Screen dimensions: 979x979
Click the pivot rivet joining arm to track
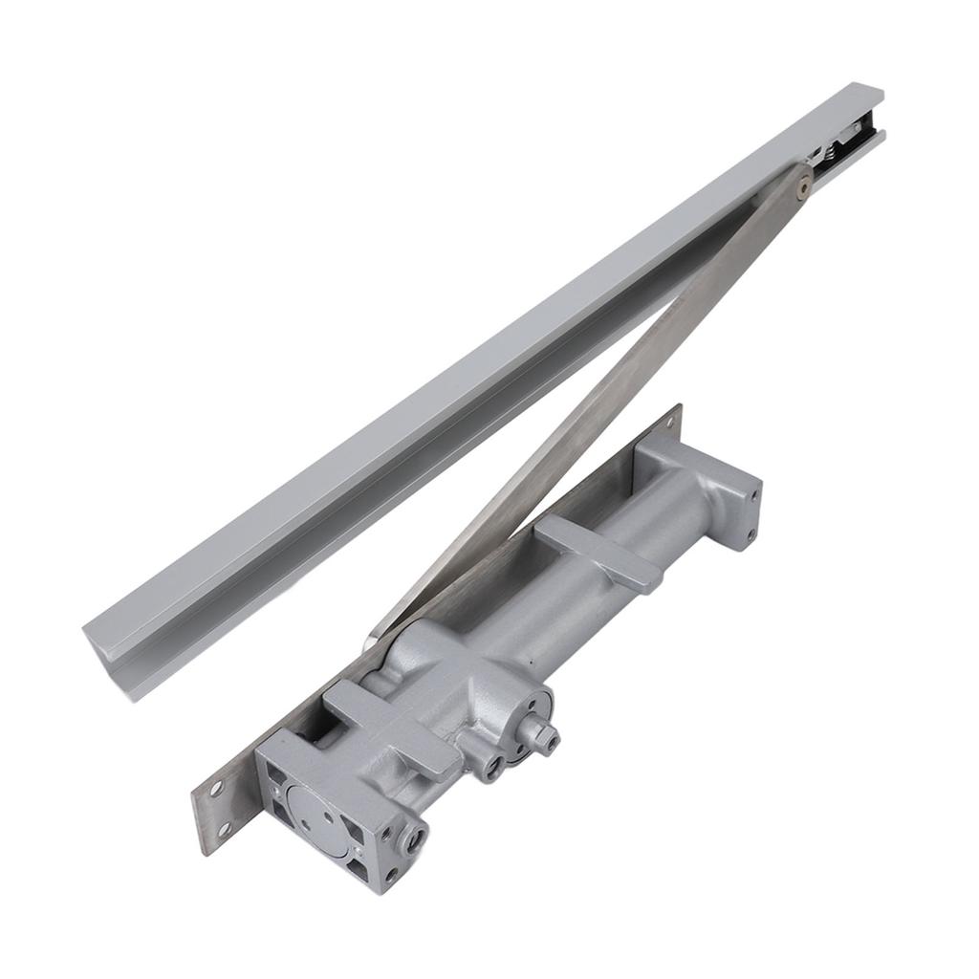[802, 183]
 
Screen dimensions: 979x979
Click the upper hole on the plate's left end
[217, 790]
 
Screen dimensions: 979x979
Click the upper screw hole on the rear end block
[755, 496]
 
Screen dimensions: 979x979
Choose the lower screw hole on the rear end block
[751, 533]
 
